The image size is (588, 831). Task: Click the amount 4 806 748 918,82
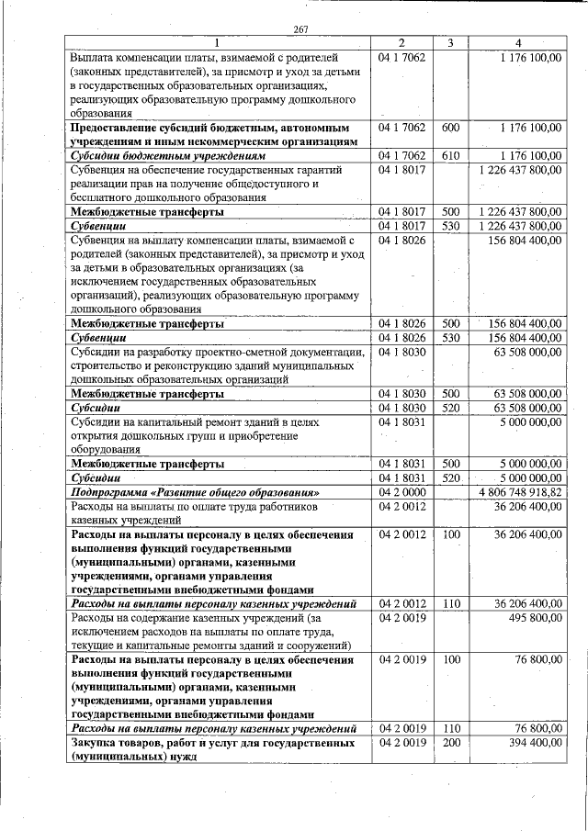click(x=521, y=492)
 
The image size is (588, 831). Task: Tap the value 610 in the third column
click(x=450, y=155)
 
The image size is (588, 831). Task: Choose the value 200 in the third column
click(x=450, y=742)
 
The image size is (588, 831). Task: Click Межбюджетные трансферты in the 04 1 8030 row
click(x=147, y=393)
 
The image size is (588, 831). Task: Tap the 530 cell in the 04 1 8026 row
click(x=450, y=338)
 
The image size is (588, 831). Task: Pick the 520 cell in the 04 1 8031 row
click(x=450, y=478)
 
